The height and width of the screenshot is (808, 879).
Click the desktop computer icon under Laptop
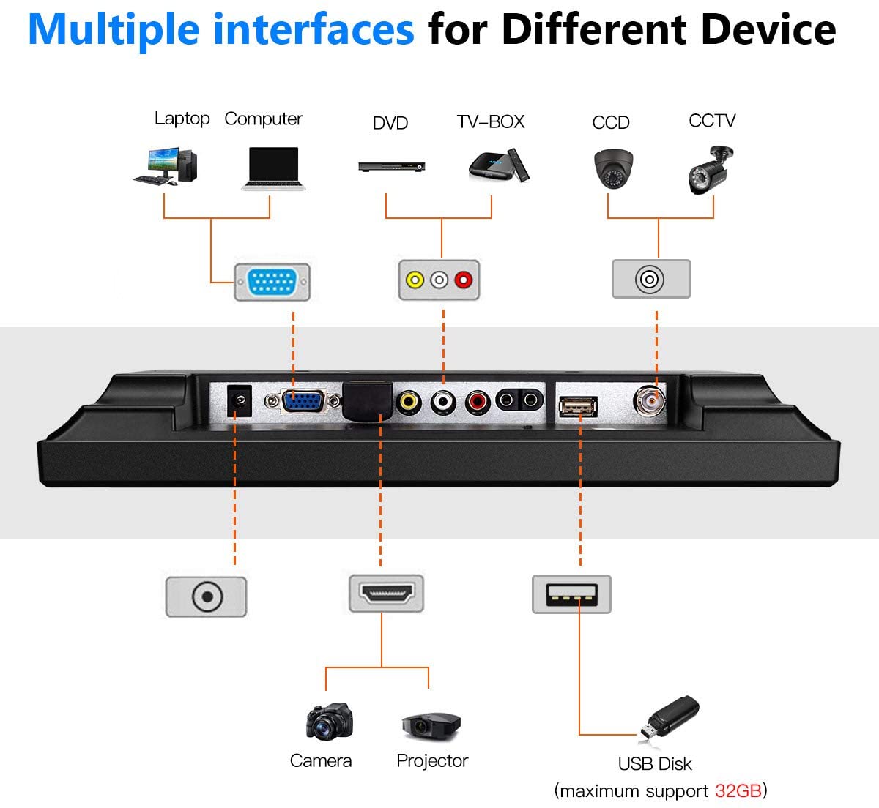click(x=166, y=166)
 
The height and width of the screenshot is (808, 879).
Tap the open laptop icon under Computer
click(x=273, y=169)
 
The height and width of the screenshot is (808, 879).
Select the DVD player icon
click(x=391, y=167)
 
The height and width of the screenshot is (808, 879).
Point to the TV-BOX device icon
click(x=498, y=165)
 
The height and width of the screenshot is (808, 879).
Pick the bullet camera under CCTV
click(x=711, y=170)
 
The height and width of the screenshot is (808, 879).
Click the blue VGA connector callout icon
click(x=272, y=282)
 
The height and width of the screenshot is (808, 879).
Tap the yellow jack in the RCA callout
click(x=415, y=280)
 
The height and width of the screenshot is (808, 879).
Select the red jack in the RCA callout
click(x=464, y=280)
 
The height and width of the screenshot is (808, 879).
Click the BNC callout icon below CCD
click(x=650, y=279)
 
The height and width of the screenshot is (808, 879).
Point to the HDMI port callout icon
click(x=387, y=594)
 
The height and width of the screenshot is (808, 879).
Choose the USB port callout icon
click(x=571, y=594)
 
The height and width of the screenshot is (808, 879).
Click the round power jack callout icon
click(x=207, y=596)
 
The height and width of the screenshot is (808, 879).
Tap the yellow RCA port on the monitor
click(x=409, y=401)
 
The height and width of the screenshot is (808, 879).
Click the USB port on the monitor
click(x=578, y=405)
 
